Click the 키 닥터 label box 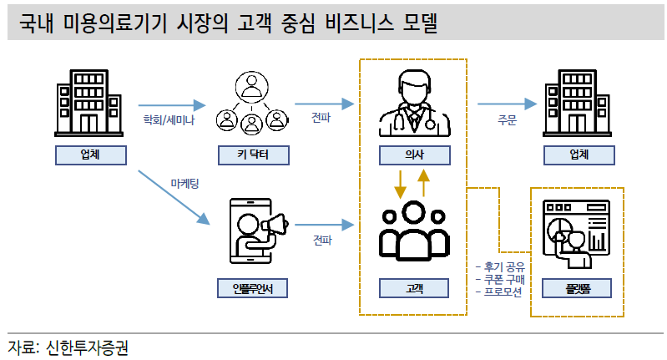pyautogui.click(x=254, y=155)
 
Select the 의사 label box pyautogui.click(x=415, y=155)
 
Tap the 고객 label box pyautogui.click(x=414, y=288)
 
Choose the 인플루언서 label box pyautogui.click(x=253, y=288)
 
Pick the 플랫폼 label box pyautogui.click(x=577, y=288)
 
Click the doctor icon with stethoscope pyautogui.click(x=415, y=104)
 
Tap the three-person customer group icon pyautogui.click(x=414, y=231)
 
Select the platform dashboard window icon pyautogui.click(x=576, y=234)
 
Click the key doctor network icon pyautogui.click(x=252, y=103)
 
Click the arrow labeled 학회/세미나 pyautogui.click(x=172, y=105)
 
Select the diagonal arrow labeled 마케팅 pyautogui.click(x=174, y=197)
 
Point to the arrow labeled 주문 pyautogui.click(x=507, y=104)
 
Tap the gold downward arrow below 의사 pyautogui.click(x=400, y=185)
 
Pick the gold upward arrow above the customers pyautogui.click(x=423, y=183)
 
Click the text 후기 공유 pyautogui.click(x=504, y=267)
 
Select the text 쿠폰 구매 pyautogui.click(x=504, y=280)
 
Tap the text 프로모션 pyautogui.click(x=503, y=292)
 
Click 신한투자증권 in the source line pyautogui.click(x=87, y=347)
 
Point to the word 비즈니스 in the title pyautogui.click(x=360, y=23)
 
